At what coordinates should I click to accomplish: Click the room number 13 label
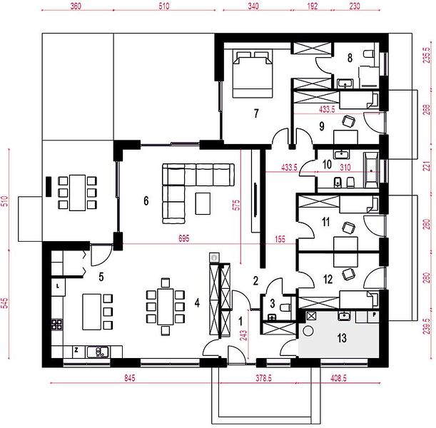[342, 338]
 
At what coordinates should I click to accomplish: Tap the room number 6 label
[146, 200]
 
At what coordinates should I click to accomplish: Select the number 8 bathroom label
[350, 58]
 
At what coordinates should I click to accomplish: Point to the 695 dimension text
[184, 238]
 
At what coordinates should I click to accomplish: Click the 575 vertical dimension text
[236, 205]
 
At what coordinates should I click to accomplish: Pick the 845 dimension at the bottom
[130, 377]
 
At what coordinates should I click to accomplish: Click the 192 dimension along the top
[313, 6]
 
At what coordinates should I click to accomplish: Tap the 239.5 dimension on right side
[427, 326]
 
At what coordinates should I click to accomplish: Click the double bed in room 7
[252, 74]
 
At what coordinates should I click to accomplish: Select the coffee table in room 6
[203, 204]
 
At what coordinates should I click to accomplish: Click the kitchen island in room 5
[91, 312]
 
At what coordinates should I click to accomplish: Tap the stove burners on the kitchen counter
[56, 325]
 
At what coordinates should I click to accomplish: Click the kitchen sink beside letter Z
[97, 352]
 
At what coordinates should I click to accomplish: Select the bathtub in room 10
[371, 170]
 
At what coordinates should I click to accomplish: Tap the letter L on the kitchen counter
[58, 286]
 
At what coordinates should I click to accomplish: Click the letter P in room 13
[375, 315]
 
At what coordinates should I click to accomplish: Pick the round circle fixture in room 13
[308, 331]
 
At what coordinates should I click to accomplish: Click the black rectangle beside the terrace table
[49, 187]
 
